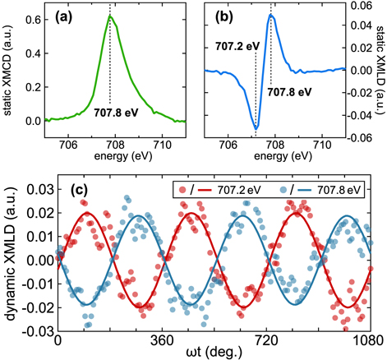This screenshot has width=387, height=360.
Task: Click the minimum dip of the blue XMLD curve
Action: (x=256, y=128)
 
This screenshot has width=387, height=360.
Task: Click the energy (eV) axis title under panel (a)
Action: (x=109, y=155)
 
